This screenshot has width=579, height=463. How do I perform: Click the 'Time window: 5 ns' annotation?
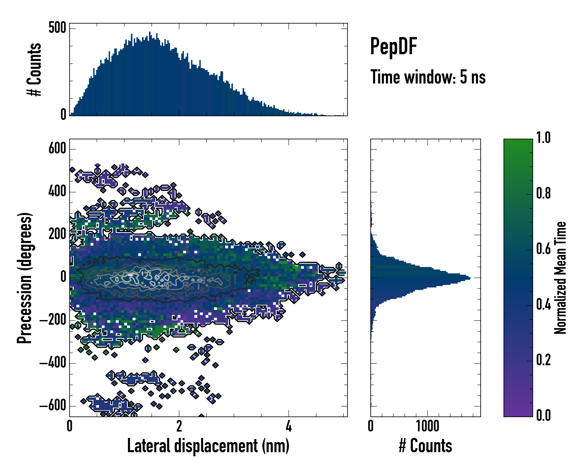[x=428, y=77]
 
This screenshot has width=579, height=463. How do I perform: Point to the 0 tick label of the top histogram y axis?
[x=63, y=115]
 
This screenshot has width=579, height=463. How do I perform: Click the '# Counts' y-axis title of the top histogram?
[x=34, y=69]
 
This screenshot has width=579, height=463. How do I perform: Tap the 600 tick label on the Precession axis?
[x=57, y=148]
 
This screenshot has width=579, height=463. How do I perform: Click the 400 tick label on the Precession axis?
[x=57, y=191]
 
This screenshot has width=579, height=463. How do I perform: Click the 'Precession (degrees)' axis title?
[x=25, y=278]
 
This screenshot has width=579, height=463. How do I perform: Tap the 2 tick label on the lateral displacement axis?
[x=179, y=426]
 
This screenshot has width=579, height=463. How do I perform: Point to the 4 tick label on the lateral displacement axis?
[x=289, y=426]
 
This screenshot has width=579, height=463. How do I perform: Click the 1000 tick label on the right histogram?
[x=427, y=426]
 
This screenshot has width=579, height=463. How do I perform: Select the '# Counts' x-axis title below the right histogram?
[x=425, y=446]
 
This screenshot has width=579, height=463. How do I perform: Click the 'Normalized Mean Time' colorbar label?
[x=560, y=278]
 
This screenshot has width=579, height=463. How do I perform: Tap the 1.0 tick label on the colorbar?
[x=543, y=138]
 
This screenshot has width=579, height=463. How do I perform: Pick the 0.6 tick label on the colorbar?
[x=543, y=249]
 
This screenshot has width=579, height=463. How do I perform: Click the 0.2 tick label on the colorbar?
[x=543, y=360]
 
